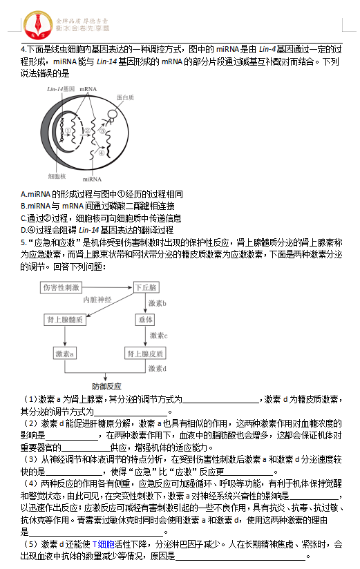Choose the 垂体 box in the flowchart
[x=145, y=320]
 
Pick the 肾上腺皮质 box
[x=145, y=353]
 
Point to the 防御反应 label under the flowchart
[x=106, y=386]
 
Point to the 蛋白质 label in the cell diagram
[x=125, y=98]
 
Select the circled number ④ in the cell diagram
[x=102, y=153]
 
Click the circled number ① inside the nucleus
[x=68, y=130]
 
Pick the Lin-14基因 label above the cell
[x=61, y=90]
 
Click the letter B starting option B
[x=23, y=206]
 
